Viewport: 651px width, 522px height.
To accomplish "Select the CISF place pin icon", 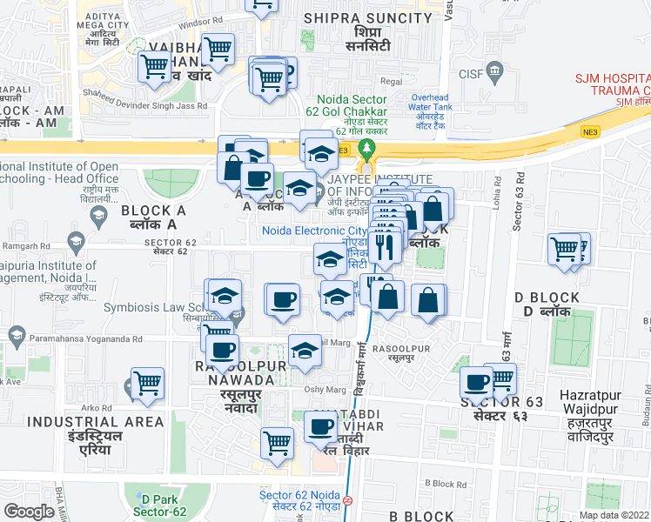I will pos(496,69).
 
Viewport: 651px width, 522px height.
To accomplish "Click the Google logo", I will pos(29,512).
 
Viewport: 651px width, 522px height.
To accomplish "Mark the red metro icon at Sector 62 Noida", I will pos(346,500).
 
